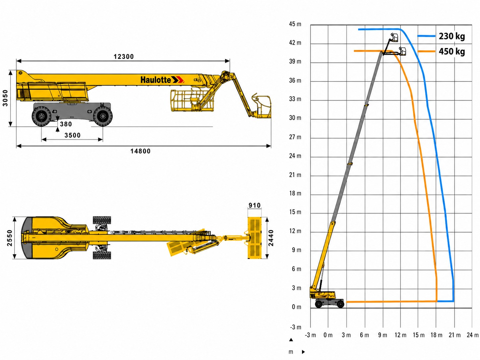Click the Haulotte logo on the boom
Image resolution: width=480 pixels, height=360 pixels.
[x=162, y=80]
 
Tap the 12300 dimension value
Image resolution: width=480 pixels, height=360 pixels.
[x=124, y=57]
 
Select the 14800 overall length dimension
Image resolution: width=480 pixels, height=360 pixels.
[x=141, y=151]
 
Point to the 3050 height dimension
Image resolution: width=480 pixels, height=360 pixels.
[x=5, y=98]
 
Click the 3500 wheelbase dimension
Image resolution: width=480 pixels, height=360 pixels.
[x=72, y=135]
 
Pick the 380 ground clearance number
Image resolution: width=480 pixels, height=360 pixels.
[x=66, y=124]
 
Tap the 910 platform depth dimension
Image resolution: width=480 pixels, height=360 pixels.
[x=255, y=205]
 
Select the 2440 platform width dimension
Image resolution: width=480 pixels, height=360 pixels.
[x=271, y=238]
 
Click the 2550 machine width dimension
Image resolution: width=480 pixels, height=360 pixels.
[x=10, y=238]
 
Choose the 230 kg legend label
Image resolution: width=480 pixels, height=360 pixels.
[x=452, y=36]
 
